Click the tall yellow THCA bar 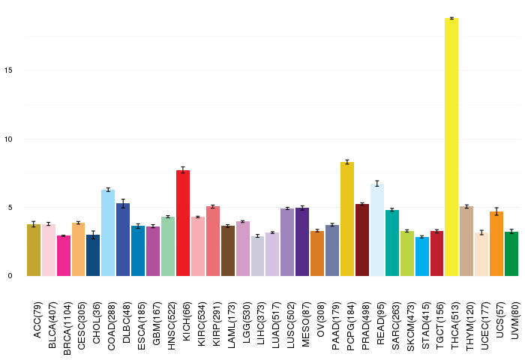[x=451, y=147]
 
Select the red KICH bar [x=183, y=223]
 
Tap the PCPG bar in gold [x=347, y=219]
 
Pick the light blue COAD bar [x=108, y=232]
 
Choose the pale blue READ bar [x=377, y=229]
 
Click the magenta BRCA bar [x=64, y=256]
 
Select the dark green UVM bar [x=511, y=253]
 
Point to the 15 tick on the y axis [x=8, y=70]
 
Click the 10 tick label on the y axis [x=8, y=139]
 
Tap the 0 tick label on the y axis [x=10, y=276]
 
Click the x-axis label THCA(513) [x=455, y=325]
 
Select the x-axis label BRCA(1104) [x=67, y=328]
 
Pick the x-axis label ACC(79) [x=37, y=319]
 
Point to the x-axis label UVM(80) [x=515, y=320]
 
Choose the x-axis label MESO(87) [x=306, y=324]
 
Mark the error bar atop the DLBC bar [x=123, y=203]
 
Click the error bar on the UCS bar [x=496, y=211]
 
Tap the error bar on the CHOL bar [x=93, y=235]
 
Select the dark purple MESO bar [x=302, y=241]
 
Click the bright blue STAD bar [x=421, y=256]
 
